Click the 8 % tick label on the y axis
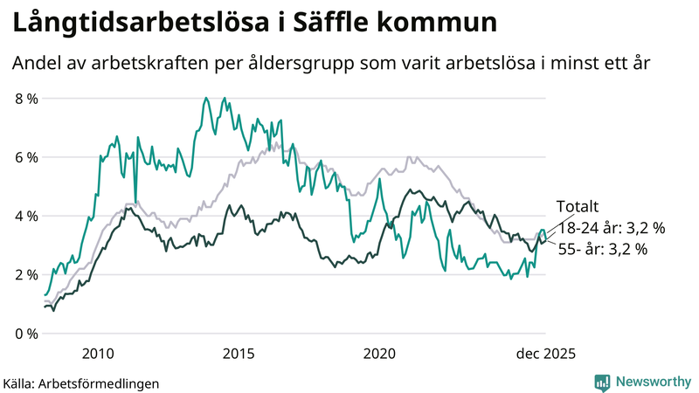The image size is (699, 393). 27,99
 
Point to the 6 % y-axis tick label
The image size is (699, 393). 27,157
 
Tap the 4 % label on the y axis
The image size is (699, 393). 27,216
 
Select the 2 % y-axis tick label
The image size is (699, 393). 27,274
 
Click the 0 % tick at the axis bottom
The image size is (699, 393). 27,334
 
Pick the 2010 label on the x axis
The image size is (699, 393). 98,354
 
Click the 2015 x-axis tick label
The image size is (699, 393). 239,354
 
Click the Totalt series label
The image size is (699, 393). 577,207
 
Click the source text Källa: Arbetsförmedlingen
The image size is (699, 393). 81,383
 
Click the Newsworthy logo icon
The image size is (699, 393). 602,382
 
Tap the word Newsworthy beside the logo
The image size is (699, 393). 652,382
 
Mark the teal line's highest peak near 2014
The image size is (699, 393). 206,99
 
